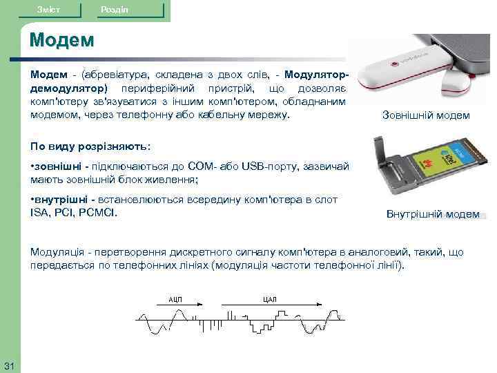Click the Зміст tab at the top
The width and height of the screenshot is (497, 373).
[49, 10]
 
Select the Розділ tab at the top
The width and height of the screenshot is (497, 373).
[113, 10]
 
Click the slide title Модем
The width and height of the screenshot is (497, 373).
[61, 40]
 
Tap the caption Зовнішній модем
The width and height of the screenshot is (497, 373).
[426, 115]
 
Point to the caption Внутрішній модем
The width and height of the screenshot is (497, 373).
[433, 214]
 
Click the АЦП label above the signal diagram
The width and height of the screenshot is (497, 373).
[176, 299]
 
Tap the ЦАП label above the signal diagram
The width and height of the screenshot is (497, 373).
[270, 299]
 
